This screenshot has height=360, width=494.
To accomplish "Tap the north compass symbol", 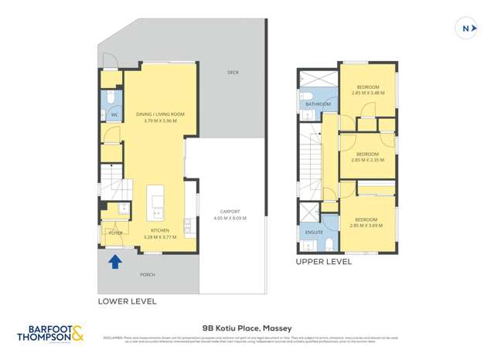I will (x=467, y=29).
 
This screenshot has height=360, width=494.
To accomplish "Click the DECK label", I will (x=233, y=73).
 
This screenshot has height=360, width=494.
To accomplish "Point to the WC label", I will (x=114, y=115).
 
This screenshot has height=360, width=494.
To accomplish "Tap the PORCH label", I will (x=148, y=274).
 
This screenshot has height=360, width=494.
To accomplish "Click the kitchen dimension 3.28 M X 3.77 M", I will (x=160, y=237).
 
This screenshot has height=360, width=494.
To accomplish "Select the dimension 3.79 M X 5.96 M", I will (x=160, y=121).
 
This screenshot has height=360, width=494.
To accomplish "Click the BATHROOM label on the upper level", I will (x=317, y=104).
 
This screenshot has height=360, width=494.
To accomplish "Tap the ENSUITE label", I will (x=314, y=232).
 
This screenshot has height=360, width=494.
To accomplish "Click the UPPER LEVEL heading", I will (x=323, y=263).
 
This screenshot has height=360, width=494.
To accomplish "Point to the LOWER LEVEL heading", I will (x=127, y=301).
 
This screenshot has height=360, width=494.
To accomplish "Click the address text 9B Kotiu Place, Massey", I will (x=247, y=328).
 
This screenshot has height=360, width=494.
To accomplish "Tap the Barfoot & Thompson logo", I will (x=50, y=334).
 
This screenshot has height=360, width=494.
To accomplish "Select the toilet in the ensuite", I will (x=329, y=246).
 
